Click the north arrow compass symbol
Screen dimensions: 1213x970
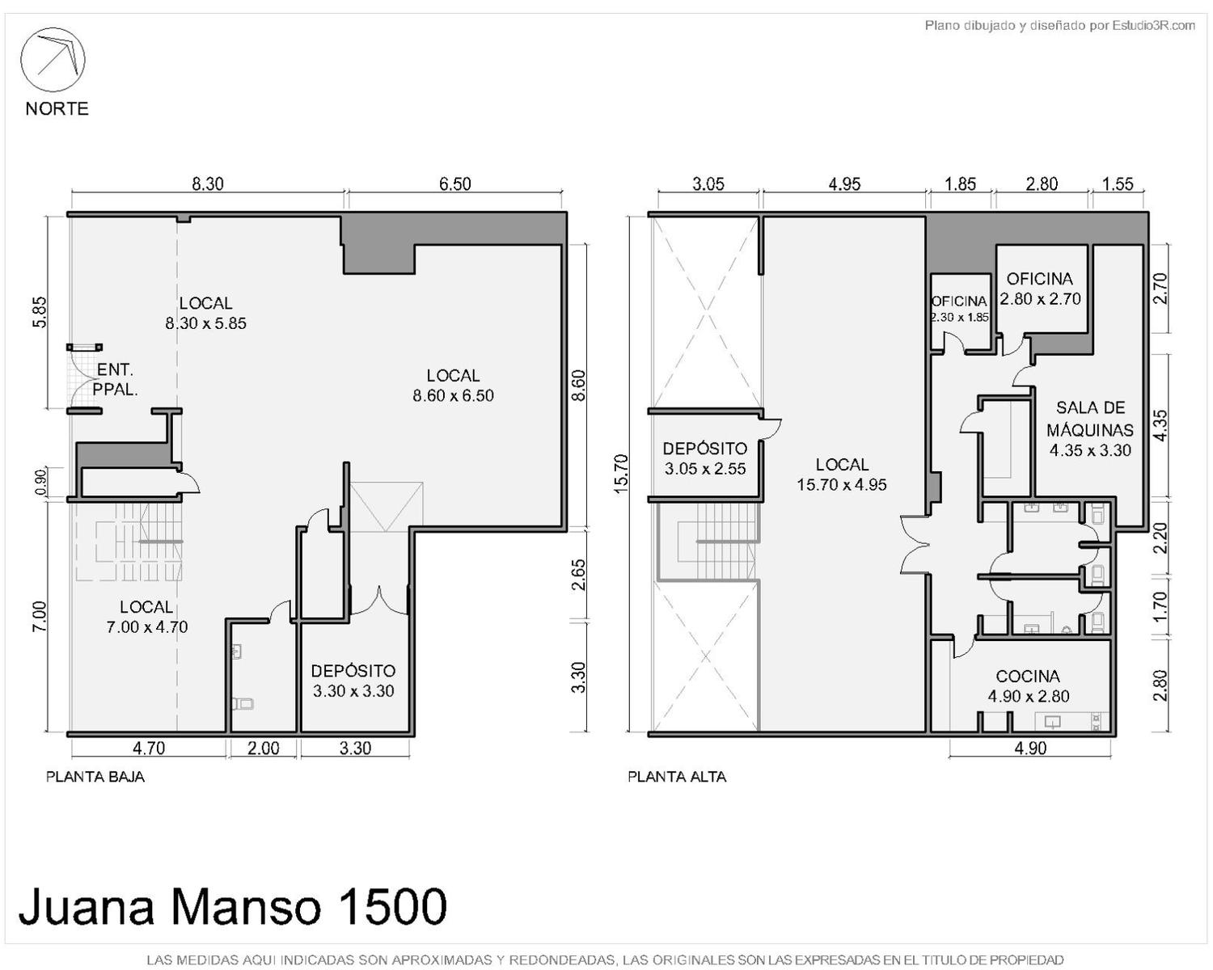(53, 60)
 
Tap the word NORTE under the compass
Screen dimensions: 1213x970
(57, 109)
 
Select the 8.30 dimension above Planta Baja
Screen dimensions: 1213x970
(208, 183)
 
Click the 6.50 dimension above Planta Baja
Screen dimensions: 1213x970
(454, 183)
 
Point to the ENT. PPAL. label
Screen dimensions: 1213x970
(115, 379)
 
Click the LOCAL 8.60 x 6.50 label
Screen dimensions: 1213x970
(453, 386)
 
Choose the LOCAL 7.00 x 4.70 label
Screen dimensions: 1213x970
(146, 617)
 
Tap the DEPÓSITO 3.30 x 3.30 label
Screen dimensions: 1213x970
(353, 681)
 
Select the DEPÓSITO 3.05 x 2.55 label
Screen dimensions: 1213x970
(704, 459)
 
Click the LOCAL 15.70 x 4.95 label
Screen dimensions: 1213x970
(842, 474)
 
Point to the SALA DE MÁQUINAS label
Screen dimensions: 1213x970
(1090, 429)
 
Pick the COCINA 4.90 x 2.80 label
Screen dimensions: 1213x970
(1028, 686)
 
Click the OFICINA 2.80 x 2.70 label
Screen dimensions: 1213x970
(1040, 289)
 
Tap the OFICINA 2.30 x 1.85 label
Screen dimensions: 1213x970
(959, 309)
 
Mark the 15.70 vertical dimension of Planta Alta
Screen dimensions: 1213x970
(620, 474)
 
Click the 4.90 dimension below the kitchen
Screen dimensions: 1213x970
(1030, 748)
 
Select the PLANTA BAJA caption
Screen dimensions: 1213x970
(95, 777)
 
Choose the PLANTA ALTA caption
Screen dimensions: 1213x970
(677, 777)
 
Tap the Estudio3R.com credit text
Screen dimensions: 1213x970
(1153, 25)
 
